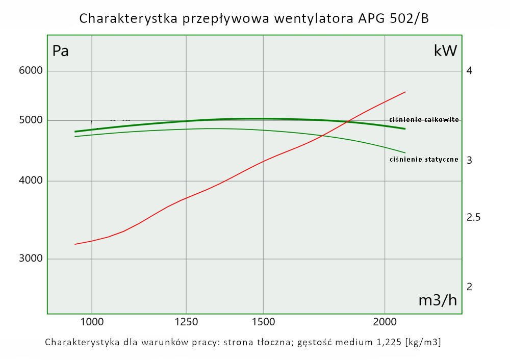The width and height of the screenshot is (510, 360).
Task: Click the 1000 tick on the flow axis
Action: point(92,322)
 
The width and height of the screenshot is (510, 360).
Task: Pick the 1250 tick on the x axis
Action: point(186,322)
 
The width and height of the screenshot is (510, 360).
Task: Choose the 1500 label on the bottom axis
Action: point(263,322)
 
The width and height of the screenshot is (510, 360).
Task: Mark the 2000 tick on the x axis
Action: point(385,322)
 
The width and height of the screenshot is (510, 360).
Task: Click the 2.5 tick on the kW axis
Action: point(474,218)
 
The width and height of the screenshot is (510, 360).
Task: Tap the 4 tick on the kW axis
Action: point(469,70)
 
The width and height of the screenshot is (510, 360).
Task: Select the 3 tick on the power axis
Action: point(469,160)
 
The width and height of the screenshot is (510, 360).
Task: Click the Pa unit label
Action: point(61,51)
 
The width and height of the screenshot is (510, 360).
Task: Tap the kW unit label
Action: point(445,51)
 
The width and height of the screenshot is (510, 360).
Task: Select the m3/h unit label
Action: point(438,300)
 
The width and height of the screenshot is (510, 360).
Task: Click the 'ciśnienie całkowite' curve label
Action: point(424,119)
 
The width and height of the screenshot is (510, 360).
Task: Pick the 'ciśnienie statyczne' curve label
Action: point(424,160)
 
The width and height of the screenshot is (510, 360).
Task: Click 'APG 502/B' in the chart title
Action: point(392,19)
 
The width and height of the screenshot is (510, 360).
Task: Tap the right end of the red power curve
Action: point(405,92)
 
